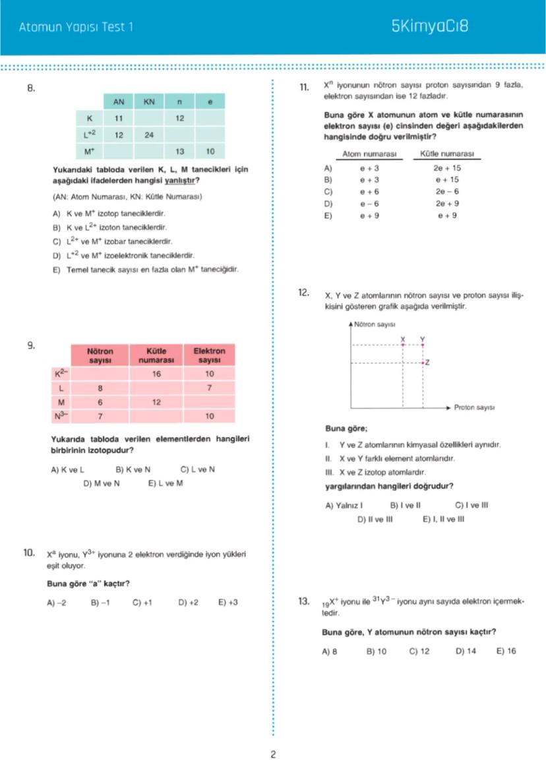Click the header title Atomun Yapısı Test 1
[76, 28]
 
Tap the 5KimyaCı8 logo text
[429, 27]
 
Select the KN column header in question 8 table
[148, 102]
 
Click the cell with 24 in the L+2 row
[148, 134]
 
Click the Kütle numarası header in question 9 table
[156, 356]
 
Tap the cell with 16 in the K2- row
[156, 373]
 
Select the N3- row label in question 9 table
[61, 416]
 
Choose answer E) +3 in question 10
[228, 603]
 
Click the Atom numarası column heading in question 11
[369, 154]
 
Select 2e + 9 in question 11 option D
[447, 203]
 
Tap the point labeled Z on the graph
[423, 363]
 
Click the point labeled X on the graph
[403, 345]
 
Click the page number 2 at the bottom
[272, 754]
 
